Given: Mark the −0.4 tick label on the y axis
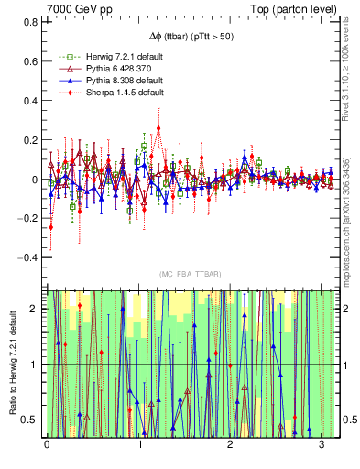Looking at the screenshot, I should click(x=28, y=258).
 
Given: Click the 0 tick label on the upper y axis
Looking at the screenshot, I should click(x=35, y=180).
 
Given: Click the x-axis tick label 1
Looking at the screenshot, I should click(x=138, y=445).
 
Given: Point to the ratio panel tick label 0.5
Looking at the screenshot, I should click(x=30, y=420).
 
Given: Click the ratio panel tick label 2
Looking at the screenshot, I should click(x=35, y=309).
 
